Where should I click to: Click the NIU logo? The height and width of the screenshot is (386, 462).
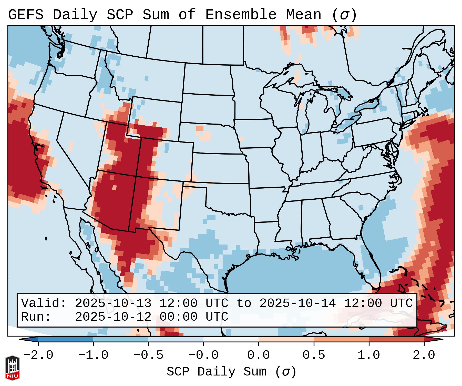coord(12,368)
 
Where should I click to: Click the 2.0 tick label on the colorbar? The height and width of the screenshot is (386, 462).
coord(424,355)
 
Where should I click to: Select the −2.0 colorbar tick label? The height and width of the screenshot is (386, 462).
coord(38,355)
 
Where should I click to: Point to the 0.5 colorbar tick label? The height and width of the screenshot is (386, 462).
coord(314,355)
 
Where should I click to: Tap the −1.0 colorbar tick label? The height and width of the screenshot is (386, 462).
coord(93,355)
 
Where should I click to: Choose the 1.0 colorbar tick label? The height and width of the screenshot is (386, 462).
coord(369,355)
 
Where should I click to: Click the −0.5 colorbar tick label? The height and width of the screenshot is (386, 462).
coord(148,355)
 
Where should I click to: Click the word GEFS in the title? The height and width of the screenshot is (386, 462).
coord(26,15)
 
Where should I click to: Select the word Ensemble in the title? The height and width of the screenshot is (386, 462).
coord(241,15)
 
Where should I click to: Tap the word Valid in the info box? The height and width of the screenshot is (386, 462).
coord(43,303)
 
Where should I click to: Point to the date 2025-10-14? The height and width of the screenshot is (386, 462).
coord(297,303)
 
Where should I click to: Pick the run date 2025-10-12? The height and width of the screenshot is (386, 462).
coord(113,317)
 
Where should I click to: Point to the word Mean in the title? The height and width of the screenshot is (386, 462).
coord(303,15)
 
